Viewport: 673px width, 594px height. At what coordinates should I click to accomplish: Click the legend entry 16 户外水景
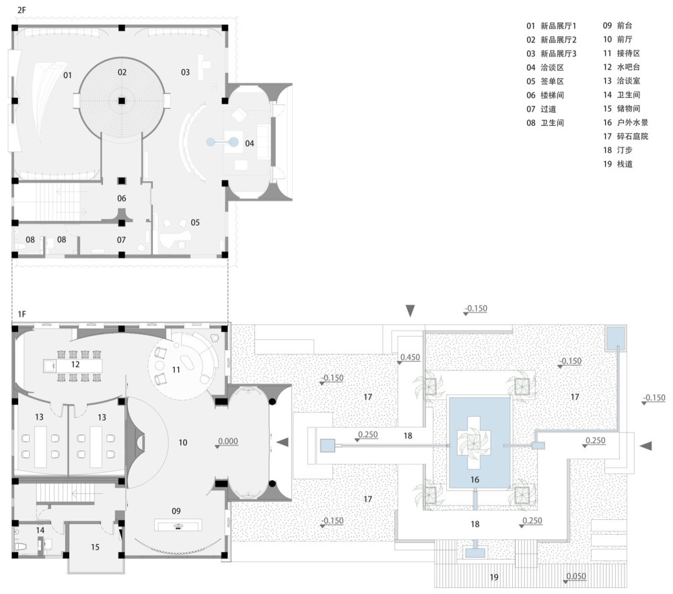625,123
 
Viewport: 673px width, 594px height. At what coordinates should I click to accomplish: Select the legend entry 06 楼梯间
545,95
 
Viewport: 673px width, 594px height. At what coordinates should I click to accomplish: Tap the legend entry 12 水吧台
621,67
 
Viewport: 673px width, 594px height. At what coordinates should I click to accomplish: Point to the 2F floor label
22,10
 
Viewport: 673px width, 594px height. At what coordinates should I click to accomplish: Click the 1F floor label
22,314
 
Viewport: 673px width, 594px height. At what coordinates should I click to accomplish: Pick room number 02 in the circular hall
122,72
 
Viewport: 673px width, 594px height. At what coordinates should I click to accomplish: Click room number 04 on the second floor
250,143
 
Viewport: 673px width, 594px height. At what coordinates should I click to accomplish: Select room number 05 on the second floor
195,222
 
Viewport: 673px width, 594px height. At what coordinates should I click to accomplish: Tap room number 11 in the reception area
176,370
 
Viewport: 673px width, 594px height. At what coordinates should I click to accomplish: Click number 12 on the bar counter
75,364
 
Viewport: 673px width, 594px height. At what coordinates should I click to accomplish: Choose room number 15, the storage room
95,547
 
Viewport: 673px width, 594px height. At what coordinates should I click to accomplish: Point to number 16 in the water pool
474,480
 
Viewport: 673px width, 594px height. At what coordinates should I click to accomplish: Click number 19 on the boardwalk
494,577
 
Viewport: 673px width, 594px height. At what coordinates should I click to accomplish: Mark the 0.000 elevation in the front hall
228,441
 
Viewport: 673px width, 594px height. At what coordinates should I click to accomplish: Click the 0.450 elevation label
410,358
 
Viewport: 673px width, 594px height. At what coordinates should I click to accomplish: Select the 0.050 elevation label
576,576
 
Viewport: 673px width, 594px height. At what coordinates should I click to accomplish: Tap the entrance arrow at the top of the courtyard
411,310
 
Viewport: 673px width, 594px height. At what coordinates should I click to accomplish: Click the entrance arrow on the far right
646,447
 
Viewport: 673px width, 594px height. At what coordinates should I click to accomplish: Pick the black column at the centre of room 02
122,101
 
